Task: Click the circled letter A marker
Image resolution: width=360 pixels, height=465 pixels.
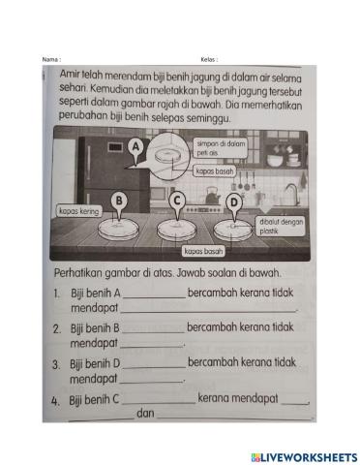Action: click(136, 146)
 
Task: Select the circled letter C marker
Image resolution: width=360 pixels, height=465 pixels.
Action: click(177, 200)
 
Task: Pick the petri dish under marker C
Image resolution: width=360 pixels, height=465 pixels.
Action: click(177, 229)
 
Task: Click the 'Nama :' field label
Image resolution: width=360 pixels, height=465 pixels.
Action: click(52, 59)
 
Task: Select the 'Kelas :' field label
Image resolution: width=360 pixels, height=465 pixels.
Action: click(209, 59)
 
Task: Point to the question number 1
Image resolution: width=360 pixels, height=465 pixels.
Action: click(57, 292)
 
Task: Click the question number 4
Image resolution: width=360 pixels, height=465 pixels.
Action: click(57, 398)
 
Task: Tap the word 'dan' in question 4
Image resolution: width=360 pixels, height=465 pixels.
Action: click(146, 414)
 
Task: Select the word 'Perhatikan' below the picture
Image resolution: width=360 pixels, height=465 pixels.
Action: click(82, 272)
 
